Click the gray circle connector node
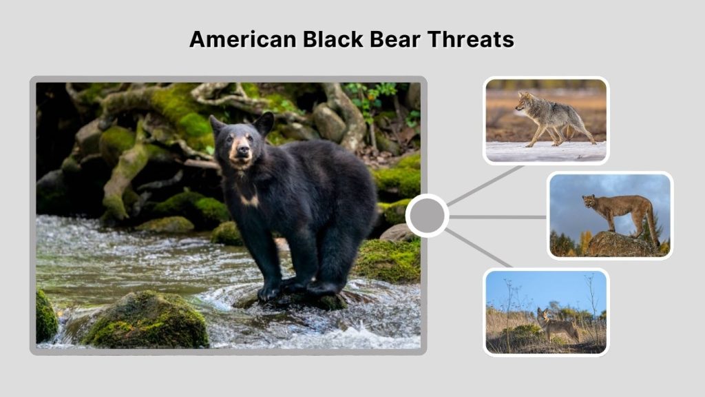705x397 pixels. pos(427,216)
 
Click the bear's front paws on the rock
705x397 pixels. pos(289,289)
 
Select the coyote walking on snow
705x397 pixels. pos(555,119)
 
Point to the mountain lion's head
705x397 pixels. pos(589,201)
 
